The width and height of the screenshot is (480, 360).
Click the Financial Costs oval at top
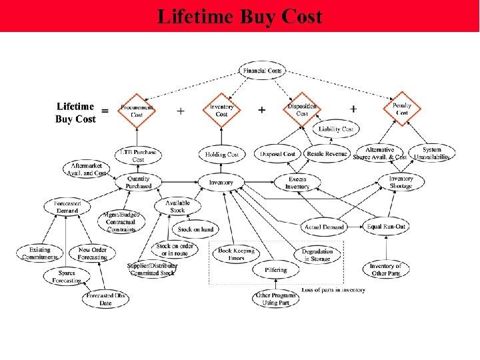pyautogui.click(x=263, y=70)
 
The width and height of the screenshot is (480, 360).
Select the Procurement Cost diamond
pyautogui.click(x=137, y=111)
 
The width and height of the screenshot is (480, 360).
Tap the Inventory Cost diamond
pyautogui.click(x=222, y=111)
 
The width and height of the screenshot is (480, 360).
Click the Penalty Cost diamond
pyautogui.click(x=403, y=109)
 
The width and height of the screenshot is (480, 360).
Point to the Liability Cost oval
pyautogui.click(x=335, y=129)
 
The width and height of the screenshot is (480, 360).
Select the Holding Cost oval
pyautogui.click(x=222, y=155)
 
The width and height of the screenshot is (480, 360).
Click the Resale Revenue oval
pyautogui.click(x=327, y=154)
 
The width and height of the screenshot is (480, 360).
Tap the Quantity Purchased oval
pyautogui.click(x=139, y=182)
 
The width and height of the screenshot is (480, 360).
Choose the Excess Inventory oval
pyautogui.click(x=298, y=183)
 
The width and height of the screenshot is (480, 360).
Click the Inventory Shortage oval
pyautogui.click(x=401, y=182)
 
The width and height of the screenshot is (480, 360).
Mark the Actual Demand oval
pyautogui.click(x=324, y=227)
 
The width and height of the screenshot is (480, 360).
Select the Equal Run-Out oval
pyautogui.click(x=387, y=227)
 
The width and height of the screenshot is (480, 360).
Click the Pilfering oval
pyautogui.click(x=275, y=270)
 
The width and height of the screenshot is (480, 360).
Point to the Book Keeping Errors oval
pyautogui.click(x=232, y=254)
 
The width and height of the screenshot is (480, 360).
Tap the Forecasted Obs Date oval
pyautogui.click(x=107, y=299)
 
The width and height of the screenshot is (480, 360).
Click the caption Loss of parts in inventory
pyautogui.click(x=333, y=289)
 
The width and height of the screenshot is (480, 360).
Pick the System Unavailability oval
pyautogui.click(x=432, y=153)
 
